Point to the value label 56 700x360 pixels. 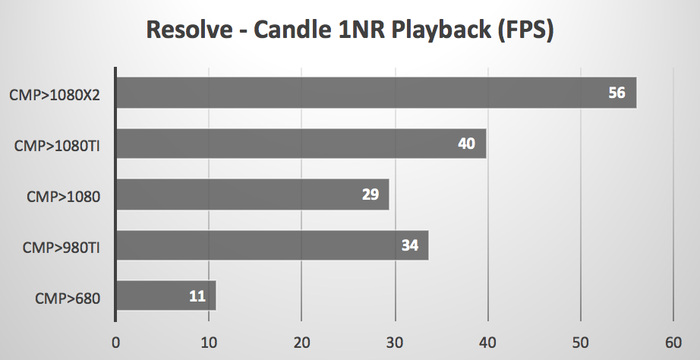[616, 93]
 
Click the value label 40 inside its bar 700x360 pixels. [466, 144]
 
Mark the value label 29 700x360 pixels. [370, 194]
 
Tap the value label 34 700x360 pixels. [409, 245]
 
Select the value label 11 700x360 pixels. [197, 295]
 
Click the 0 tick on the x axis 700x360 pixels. [115, 342]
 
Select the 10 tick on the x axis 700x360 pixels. [208, 342]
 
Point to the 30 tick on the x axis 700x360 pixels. [394, 342]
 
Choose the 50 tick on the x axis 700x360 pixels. [580, 342]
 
